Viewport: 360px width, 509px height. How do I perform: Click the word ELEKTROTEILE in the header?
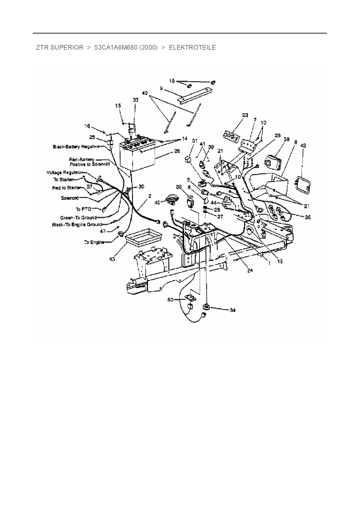(x=192, y=48)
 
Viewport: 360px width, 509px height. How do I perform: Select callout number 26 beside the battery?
(x=177, y=151)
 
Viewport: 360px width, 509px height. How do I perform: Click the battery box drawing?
(x=136, y=155)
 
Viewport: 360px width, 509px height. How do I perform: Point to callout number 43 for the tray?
(x=112, y=259)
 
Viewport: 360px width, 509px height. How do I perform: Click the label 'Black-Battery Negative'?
(x=76, y=147)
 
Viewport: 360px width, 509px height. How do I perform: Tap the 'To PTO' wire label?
(x=84, y=209)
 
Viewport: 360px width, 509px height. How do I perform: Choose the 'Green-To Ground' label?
(x=78, y=218)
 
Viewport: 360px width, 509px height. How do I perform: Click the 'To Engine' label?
(x=94, y=242)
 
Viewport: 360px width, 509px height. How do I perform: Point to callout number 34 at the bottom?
(x=233, y=310)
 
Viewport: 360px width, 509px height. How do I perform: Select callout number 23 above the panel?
(x=245, y=115)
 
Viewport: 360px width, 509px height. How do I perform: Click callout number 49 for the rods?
(x=145, y=93)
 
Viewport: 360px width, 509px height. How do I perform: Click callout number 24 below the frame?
(x=250, y=270)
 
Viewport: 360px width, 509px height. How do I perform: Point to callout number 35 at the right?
(x=308, y=217)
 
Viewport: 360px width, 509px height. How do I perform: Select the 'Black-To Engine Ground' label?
(x=77, y=225)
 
